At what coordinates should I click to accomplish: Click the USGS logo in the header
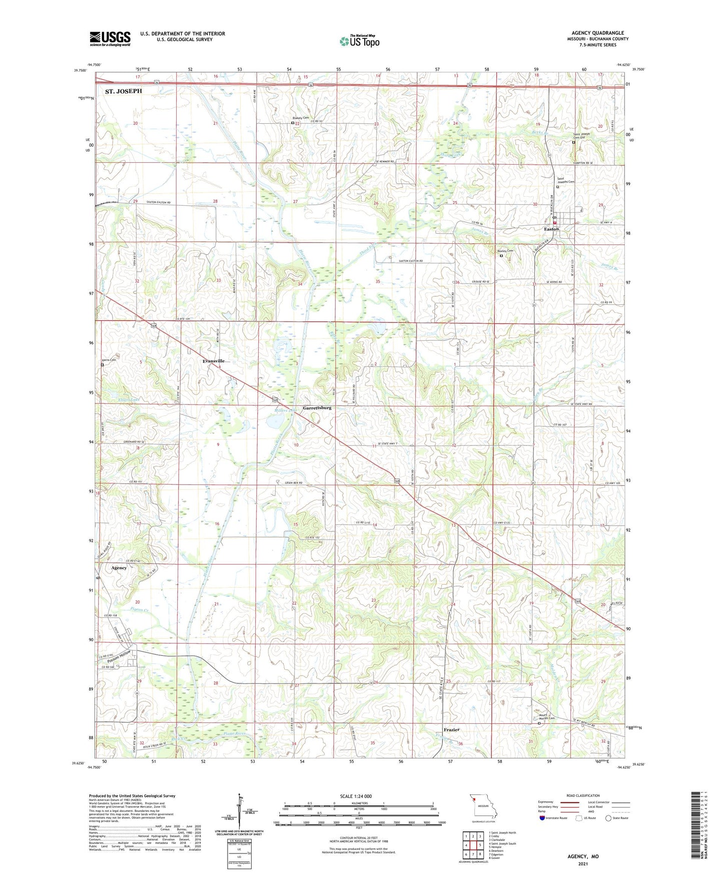tap(110, 39)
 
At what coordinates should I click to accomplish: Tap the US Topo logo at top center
tap(360, 41)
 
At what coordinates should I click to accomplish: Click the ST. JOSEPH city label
tap(123, 91)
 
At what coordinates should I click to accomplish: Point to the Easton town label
tap(551, 229)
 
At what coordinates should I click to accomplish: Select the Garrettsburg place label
tap(317, 408)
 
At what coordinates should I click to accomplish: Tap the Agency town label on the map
tap(119, 568)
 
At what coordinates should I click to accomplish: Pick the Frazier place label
tap(452, 730)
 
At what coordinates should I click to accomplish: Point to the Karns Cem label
tap(109, 360)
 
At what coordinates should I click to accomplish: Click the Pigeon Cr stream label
tap(139, 610)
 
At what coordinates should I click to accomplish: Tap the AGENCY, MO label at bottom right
tap(582, 856)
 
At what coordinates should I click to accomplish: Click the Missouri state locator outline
tap(483, 807)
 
